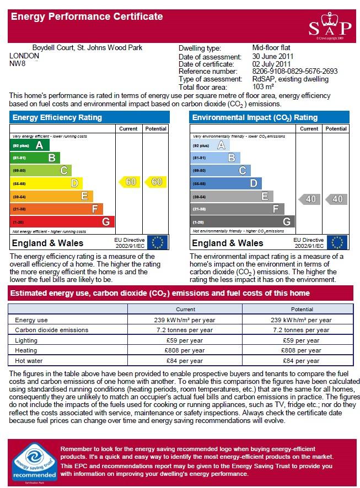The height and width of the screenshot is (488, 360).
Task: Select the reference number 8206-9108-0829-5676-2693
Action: point(294,71)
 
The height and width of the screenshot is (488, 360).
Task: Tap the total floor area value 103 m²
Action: point(263,87)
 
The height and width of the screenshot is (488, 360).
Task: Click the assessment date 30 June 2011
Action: point(273,56)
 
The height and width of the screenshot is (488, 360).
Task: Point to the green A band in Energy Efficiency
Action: point(30,145)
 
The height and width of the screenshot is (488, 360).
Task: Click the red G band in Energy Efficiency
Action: point(62,221)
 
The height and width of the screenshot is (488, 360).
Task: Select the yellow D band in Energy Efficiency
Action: point(46,183)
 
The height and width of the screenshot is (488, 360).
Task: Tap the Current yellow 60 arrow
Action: point(130,182)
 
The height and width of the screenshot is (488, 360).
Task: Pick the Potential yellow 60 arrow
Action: point(155,182)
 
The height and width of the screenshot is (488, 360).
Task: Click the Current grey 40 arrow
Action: point(309,199)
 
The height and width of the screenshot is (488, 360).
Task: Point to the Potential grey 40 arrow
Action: point(336,199)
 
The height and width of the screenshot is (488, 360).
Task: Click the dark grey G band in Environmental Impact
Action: point(242,221)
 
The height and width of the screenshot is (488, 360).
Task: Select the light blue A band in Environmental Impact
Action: point(209,145)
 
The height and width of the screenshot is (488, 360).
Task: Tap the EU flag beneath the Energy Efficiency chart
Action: point(157,242)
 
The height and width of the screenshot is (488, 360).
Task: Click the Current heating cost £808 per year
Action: point(185,350)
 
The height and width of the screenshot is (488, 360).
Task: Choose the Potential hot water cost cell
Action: point(301,361)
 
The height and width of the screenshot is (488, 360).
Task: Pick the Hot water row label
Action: point(29,361)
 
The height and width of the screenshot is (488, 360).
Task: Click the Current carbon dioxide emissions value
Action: point(185,330)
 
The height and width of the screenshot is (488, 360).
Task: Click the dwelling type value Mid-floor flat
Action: point(271,47)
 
